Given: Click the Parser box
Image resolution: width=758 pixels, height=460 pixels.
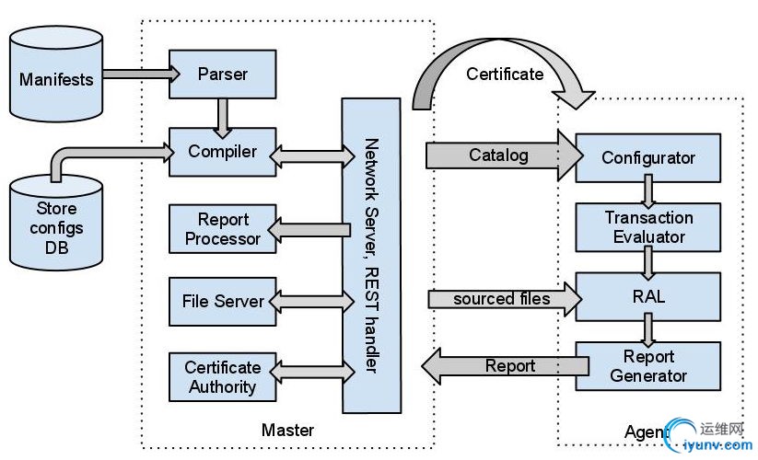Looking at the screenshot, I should click(223, 74).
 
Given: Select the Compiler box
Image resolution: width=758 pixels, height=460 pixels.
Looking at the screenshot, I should click(223, 151).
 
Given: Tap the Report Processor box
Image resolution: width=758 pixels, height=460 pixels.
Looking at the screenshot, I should click(223, 229).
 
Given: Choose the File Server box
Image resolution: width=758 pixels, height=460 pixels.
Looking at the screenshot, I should click(223, 301).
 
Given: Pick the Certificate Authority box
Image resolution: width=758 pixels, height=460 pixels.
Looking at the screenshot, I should click(223, 376).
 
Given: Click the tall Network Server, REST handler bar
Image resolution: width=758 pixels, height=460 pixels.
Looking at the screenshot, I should click(371, 256).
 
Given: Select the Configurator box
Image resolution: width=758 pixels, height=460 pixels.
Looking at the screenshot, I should click(648, 157).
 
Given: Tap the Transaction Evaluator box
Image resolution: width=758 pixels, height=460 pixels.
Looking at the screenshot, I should click(648, 226).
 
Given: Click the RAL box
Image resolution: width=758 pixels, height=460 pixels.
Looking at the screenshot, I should click(648, 297).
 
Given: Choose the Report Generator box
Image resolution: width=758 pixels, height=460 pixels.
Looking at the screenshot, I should click(648, 366).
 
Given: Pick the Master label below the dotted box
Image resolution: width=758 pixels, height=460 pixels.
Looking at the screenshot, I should click(287, 430).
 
